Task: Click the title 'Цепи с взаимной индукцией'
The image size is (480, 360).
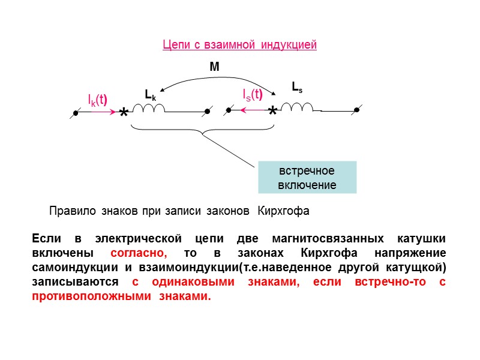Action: point(239,45)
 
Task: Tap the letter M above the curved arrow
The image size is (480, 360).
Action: point(214,68)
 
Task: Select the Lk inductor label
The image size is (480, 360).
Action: point(150,94)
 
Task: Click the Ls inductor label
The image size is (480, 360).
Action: point(297,87)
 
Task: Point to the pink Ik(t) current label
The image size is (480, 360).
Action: point(97,98)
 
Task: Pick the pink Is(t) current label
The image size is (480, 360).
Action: point(253,94)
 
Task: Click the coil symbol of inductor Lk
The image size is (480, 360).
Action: point(149,108)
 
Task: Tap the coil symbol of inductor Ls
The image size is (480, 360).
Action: point(297,107)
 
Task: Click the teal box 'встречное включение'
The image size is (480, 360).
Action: point(307,177)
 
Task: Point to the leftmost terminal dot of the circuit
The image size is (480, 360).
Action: point(76,112)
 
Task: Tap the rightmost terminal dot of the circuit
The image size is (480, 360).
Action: point(356,110)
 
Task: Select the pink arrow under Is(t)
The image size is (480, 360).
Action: point(252,110)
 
